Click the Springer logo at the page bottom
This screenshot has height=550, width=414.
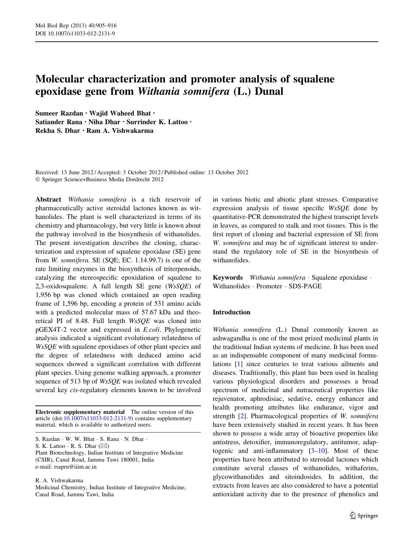364,516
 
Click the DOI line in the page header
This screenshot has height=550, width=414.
75,33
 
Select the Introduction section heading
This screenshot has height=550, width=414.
232,312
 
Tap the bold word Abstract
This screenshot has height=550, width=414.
48,200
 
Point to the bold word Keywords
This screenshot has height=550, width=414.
228,278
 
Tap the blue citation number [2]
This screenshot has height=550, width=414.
241,416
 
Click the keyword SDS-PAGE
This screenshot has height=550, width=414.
305,286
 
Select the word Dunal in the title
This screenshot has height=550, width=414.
269,91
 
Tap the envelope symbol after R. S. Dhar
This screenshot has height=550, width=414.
103,446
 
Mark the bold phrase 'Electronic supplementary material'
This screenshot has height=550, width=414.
80,412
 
